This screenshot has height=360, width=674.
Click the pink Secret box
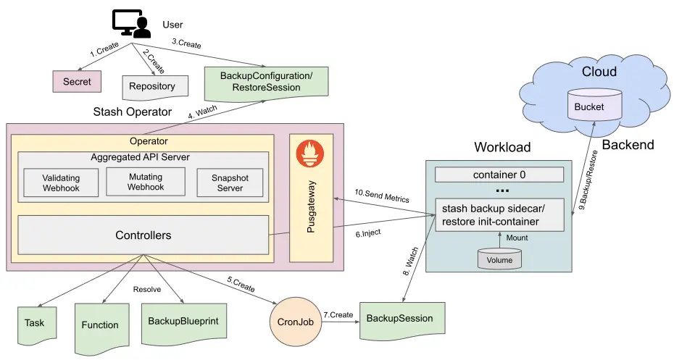tap(77, 82)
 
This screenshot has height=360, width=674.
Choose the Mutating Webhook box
tap(146, 181)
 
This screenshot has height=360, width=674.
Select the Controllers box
tap(143, 235)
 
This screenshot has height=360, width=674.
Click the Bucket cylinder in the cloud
tap(594, 106)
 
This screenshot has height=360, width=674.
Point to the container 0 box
tap(499, 175)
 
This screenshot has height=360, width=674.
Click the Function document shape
tap(100, 325)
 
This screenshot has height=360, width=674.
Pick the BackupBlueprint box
tap(182, 321)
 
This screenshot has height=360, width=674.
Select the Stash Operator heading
tap(133, 112)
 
